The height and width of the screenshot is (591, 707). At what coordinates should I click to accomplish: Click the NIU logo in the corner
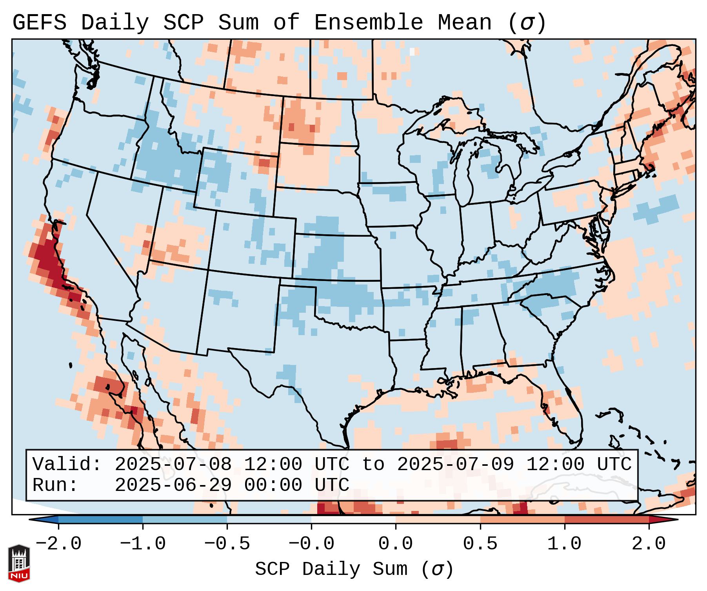click(19, 563)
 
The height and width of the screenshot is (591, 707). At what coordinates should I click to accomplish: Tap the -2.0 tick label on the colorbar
click(58, 544)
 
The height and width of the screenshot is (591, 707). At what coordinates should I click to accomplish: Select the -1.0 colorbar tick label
click(143, 544)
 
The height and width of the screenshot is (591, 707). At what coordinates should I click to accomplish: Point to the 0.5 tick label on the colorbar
click(480, 544)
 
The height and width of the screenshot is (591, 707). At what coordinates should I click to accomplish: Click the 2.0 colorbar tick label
click(649, 544)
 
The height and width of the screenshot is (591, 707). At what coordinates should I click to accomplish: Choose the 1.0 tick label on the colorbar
click(564, 544)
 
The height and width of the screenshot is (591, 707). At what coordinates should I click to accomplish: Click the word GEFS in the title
click(39, 23)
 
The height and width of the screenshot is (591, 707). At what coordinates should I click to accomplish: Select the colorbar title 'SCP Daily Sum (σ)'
click(354, 569)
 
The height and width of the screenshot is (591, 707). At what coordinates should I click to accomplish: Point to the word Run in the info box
click(55, 485)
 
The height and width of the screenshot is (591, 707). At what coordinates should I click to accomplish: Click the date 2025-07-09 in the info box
click(455, 464)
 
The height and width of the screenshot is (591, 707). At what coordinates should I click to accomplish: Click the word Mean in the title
click(464, 23)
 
